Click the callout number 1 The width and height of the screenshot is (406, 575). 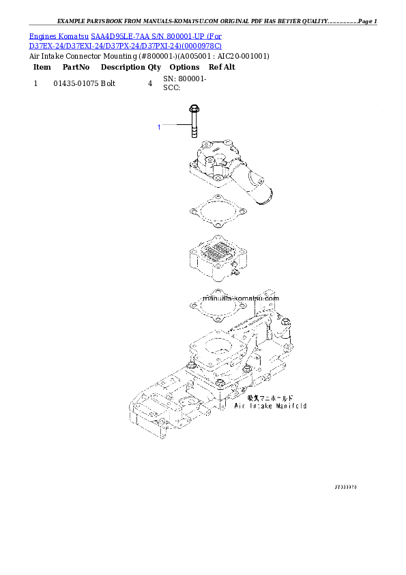pos(159,127)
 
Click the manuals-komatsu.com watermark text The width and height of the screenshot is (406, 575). pos(241,298)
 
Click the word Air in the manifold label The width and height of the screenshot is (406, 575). pos(240,406)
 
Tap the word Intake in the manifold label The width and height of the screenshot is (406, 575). pos(261,406)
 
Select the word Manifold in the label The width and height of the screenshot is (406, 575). pos(292,406)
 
